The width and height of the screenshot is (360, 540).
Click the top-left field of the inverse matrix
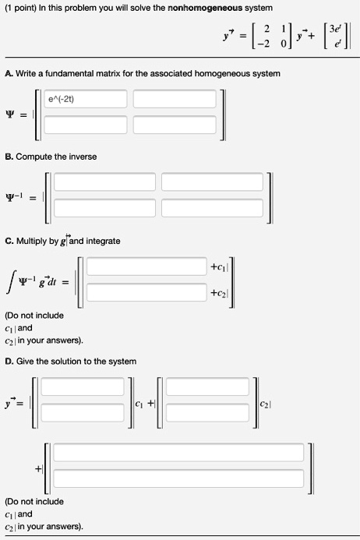[104, 182]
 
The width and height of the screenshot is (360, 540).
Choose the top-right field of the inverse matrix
[210, 182]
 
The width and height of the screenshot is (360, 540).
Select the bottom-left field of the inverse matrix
[104, 207]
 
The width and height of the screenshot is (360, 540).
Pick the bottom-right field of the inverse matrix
[210, 207]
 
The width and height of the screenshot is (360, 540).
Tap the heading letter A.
[8, 73]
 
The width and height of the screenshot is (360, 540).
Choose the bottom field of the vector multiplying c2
[210, 412]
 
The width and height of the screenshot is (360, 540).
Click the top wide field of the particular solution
[178, 453]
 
